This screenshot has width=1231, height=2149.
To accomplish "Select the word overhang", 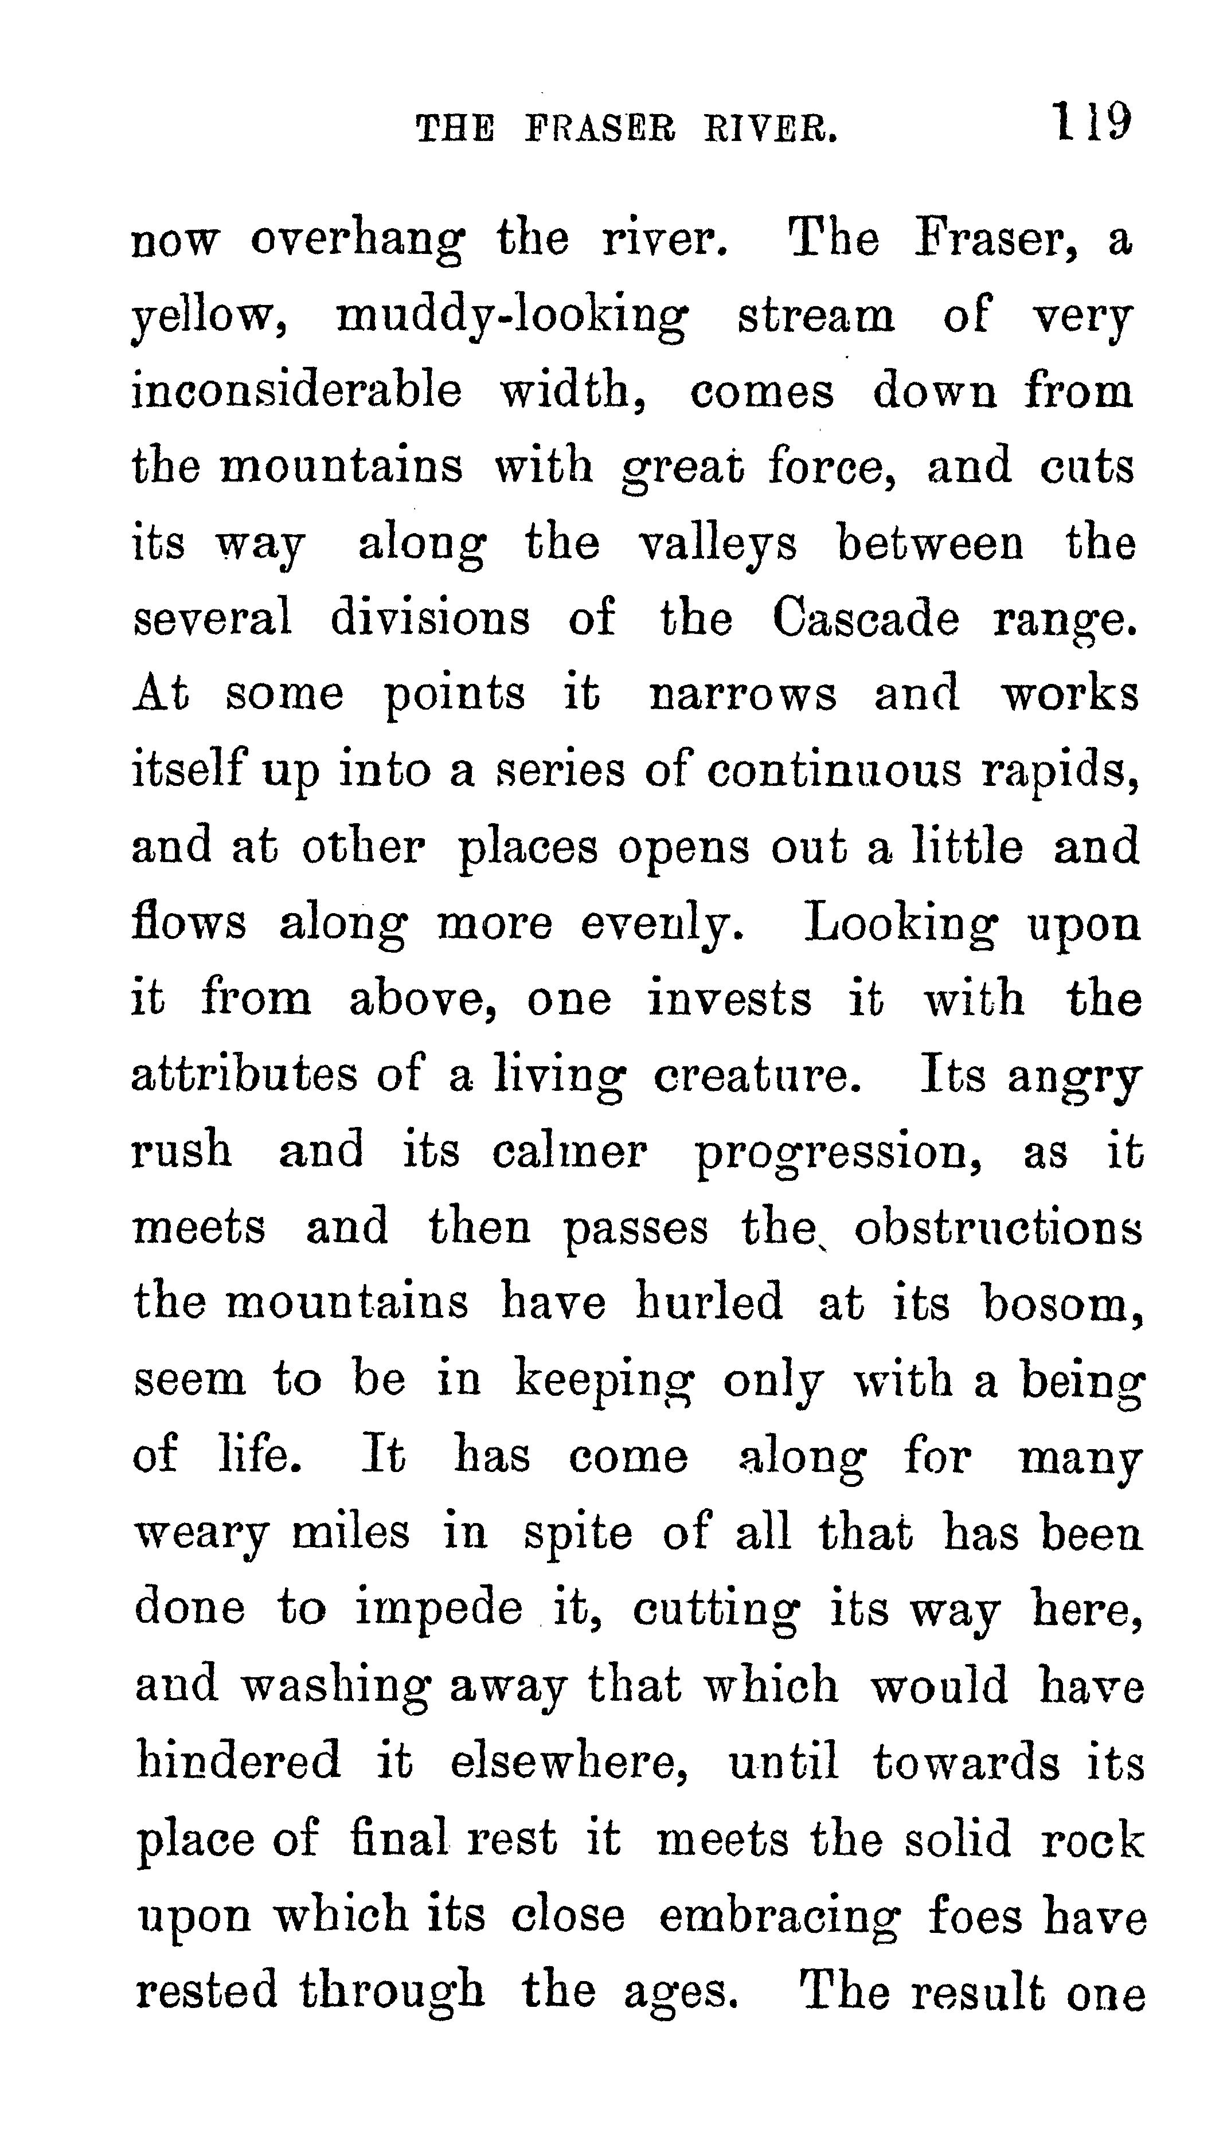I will coord(357,242).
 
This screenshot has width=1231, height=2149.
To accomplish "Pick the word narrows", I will coord(742,695).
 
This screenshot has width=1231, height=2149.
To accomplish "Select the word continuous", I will coord(834,771).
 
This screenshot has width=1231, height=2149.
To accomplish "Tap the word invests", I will coord(730,999).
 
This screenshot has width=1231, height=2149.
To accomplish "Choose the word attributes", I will coord(244,1075).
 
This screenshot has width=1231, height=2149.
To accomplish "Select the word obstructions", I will coord(998,1228).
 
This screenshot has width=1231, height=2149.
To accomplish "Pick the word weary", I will coord(202,1534).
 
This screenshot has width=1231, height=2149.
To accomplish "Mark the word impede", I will coord(438,1610).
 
